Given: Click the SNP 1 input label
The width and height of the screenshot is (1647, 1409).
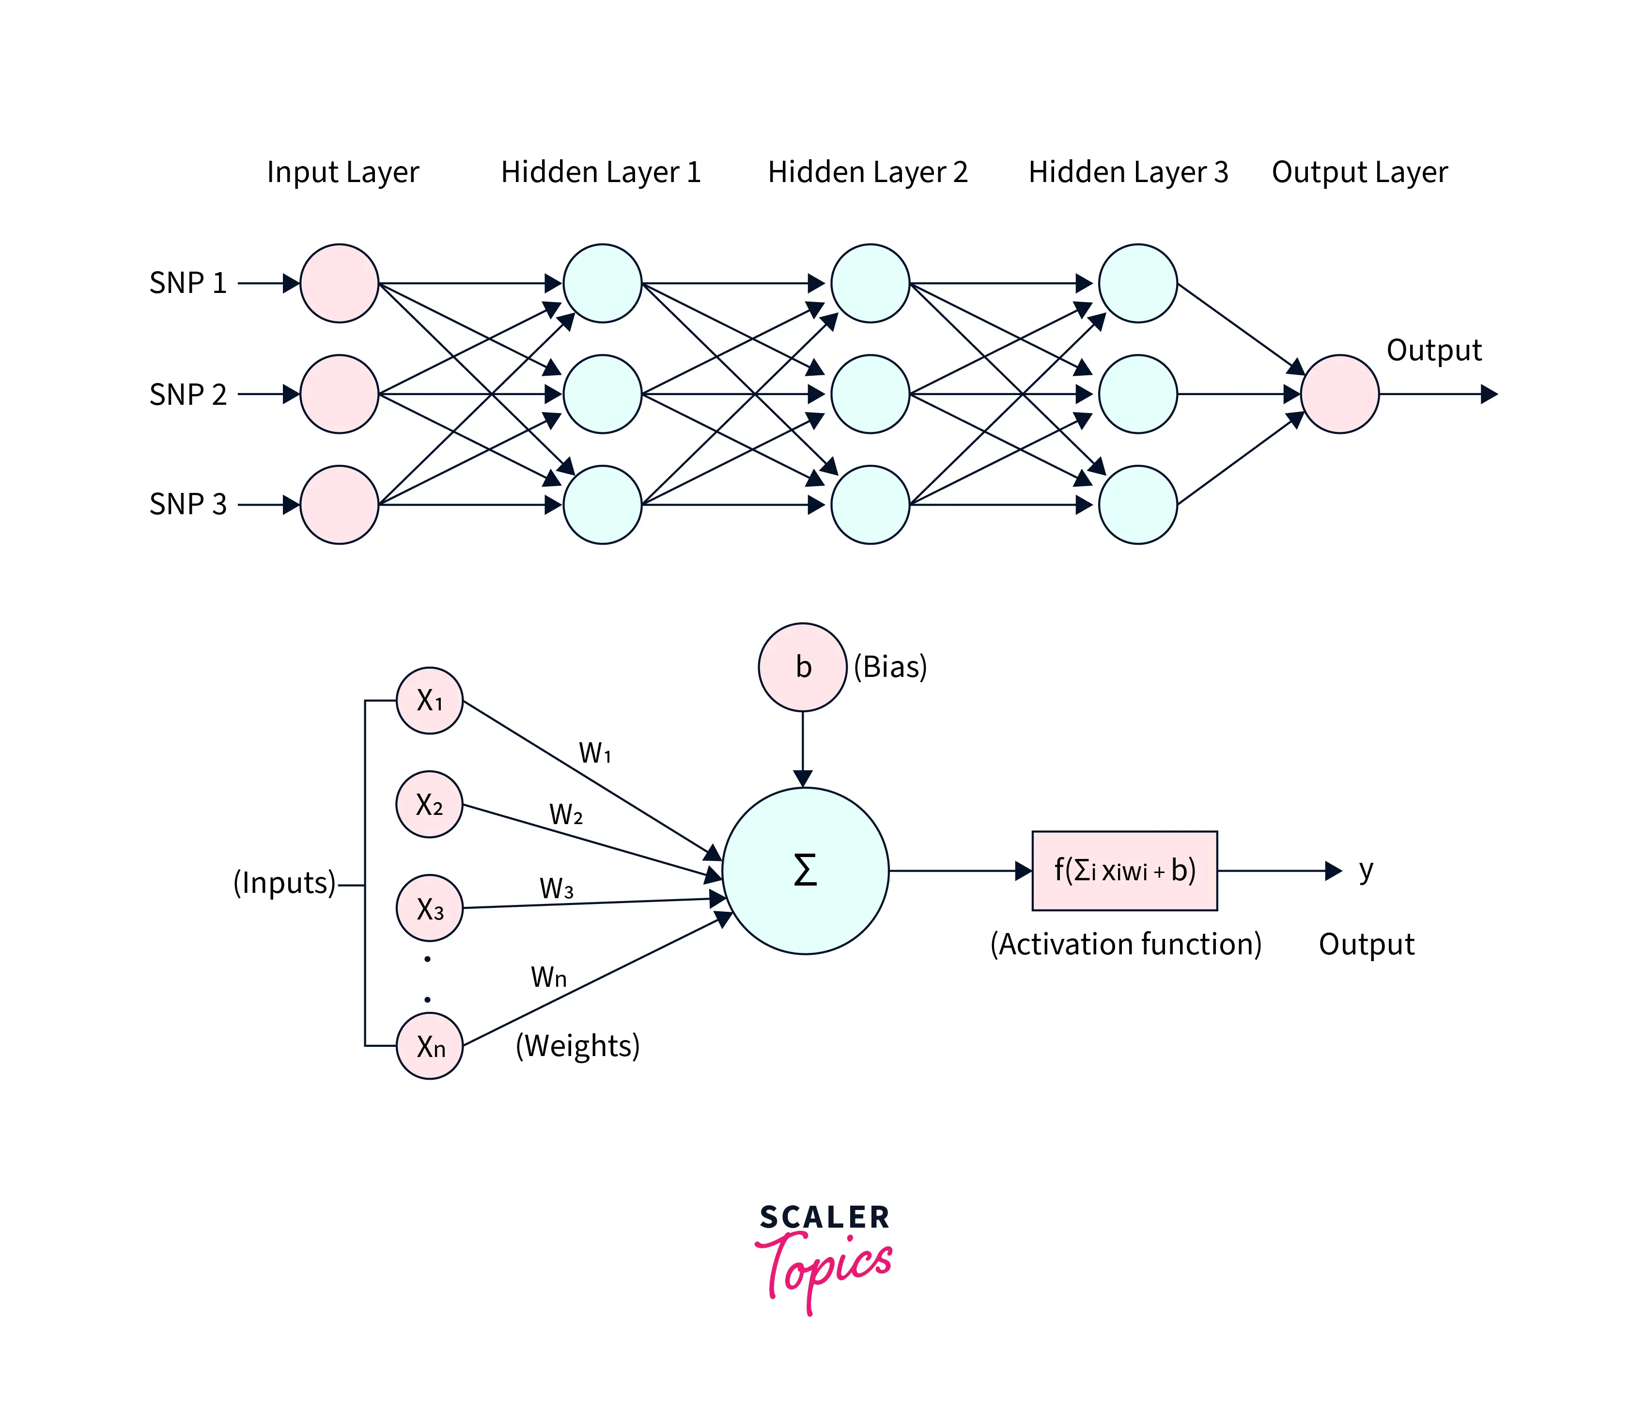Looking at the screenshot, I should point(187,283).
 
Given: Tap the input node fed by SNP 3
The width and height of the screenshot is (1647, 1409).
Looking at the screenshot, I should point(340,505).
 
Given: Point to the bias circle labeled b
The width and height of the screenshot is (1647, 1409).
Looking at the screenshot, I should point(803,667).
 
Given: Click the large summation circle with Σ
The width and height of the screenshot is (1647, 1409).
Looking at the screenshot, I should point(805,871).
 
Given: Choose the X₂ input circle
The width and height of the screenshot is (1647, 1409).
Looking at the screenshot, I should point(429,804).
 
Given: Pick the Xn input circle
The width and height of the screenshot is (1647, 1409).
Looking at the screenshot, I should point(429,1046).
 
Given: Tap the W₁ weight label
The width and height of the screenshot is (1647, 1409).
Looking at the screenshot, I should point(594,752).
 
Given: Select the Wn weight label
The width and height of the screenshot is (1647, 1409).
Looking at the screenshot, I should point(548,977).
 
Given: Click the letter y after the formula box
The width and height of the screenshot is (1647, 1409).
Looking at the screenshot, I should point(1366,870).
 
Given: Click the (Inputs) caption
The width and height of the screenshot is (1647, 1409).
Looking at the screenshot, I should point(284,883).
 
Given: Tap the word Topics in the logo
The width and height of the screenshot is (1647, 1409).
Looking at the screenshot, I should point(827,1269).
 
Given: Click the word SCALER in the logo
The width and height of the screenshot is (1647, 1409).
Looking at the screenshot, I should point(824,1217).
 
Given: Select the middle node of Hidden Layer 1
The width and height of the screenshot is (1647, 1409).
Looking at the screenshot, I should point(603,394).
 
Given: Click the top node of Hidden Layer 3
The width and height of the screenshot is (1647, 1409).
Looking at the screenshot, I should point(1137,283).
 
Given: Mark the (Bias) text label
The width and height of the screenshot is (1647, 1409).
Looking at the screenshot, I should point(890,667).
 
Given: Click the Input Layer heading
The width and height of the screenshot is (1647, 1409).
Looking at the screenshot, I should point(342,172).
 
